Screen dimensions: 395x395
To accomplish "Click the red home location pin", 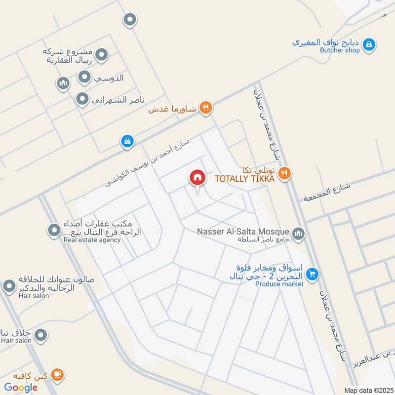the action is [x=197, y=178].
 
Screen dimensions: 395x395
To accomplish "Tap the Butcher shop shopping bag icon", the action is [x=368, y=45].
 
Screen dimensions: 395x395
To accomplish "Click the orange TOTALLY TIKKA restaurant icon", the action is [x=284, y=173].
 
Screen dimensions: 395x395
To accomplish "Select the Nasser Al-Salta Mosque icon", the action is [x=298, y=233].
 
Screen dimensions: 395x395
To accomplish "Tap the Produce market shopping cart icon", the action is [x=312, y=274].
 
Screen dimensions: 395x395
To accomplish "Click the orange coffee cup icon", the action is [x=58, y=375].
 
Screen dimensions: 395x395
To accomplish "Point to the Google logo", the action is [x=21, y=388].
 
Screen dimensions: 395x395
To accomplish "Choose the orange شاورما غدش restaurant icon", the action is [x=206, y=108].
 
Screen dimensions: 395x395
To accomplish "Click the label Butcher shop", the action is [x=340, y=50].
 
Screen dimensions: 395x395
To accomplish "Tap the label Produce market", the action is [x=279, y=284].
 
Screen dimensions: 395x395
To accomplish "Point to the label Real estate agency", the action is [x=92, y=240].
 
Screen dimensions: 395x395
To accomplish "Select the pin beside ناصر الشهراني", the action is [x=82, y=100].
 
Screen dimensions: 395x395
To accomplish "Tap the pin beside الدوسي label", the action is [x=85, y=77].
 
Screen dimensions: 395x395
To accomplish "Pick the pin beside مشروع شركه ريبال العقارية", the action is [x=102, y=55].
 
